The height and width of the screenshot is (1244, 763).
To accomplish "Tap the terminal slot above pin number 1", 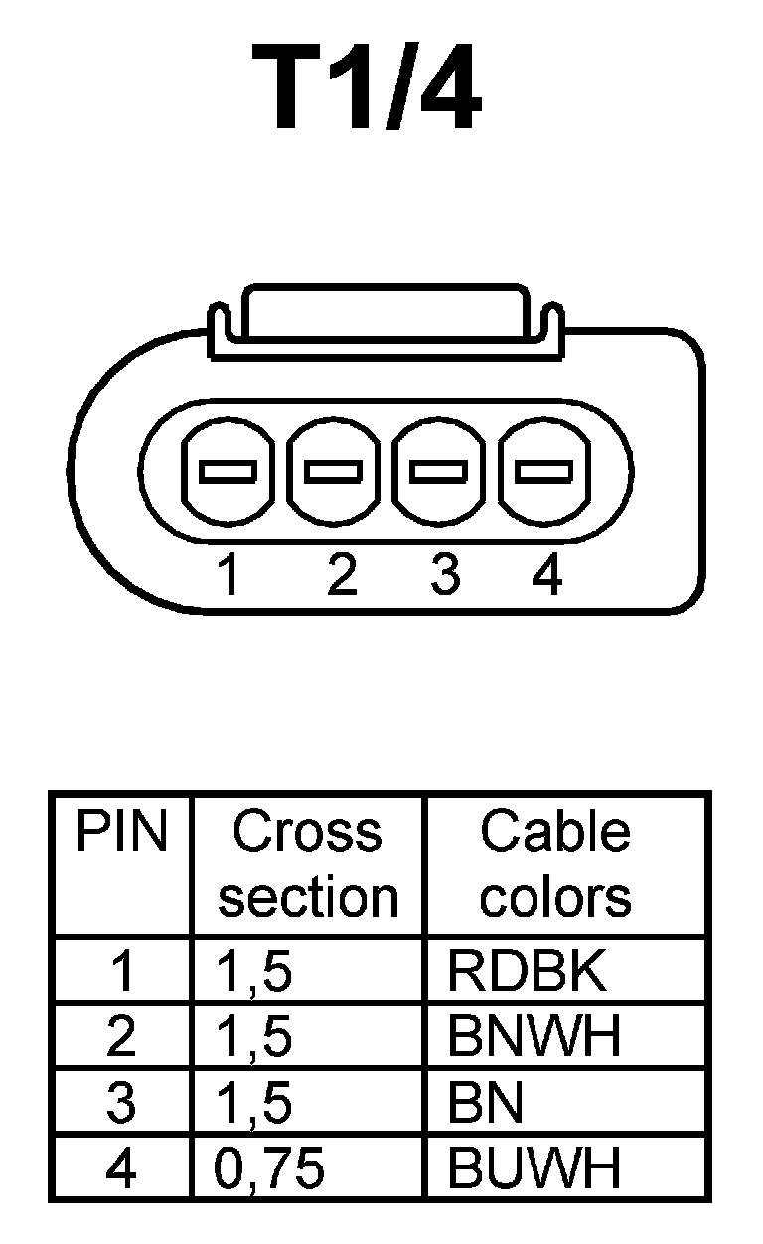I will pyautogui.click(x=228, y=470).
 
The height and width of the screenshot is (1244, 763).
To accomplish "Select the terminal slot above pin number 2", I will pyautogui.click(x=333, y=470).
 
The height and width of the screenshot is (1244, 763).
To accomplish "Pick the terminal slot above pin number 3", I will pyautogui.click(x=440, y=470).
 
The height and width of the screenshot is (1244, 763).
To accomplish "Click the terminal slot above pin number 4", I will pyautogui.click(x=545, y=470).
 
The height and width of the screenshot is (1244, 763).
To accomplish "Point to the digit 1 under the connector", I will pyautogui.click(x=229, y=576).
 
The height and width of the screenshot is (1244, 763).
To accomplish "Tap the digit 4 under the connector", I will pyautogui.click(x=546, y=576).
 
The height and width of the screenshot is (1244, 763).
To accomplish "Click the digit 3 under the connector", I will pyautogui.click(x=444, y=576).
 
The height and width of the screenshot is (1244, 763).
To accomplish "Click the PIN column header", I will pyautogui.click(x=122, y=832).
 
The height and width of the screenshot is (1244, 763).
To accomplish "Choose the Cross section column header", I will pyautogui.click(x=308, y=864).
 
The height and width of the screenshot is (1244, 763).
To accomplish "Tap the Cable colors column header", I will pyautogui.click(x=555, y=864).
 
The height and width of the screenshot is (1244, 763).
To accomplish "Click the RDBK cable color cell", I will pyautogui.click(x=527, y=973).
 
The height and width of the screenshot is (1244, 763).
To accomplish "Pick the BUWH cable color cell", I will pyautogui.click(x=534, y=1168).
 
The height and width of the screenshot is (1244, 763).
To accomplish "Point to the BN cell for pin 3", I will pyautogui.click(x=486, y=1104).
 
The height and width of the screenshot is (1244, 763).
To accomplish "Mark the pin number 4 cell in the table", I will pyautogui.click(x=121, y=1168).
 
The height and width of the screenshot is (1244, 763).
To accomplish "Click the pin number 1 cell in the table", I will pyautogui.click(x=122, y=973).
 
